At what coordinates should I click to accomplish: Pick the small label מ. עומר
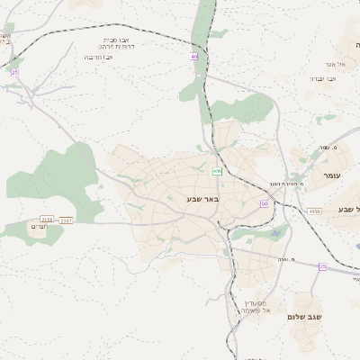[327, 148]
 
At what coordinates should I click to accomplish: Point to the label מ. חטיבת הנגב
[286, 183]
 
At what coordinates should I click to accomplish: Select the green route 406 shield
[217, 171]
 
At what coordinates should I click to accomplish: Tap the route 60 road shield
[265, 203]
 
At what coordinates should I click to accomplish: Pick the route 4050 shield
[313, 211]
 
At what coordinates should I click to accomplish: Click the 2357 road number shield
[67, 219]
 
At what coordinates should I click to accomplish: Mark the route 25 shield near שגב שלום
[322, 266]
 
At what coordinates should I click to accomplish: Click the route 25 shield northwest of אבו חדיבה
[14, 72]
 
